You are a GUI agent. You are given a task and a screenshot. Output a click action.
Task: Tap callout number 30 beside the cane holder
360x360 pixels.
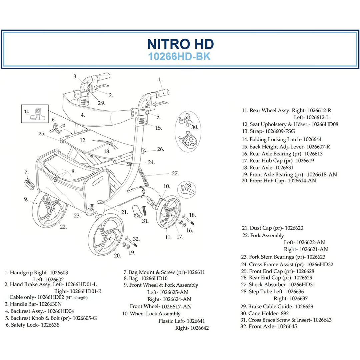tap(195, 127)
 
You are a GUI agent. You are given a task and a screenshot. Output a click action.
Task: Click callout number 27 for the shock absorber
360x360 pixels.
tap(175, 173)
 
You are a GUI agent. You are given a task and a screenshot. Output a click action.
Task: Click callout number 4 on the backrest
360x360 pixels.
tap(83, 115)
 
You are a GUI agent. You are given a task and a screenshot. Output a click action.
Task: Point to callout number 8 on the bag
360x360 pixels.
tap(74, 172)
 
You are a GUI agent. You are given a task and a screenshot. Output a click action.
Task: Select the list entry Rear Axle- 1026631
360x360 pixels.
tap(271, 168)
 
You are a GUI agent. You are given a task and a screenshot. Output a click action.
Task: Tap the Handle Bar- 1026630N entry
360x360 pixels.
tap(33, 304)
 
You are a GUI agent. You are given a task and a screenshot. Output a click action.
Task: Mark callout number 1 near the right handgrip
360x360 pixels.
tap(160, 80)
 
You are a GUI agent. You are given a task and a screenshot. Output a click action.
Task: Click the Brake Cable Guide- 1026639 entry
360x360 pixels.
tap(277, 306)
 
